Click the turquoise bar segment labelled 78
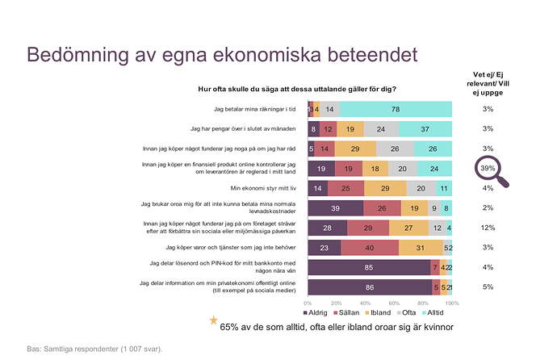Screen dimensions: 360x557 (396, 109)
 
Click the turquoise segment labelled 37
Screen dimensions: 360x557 (425, 128)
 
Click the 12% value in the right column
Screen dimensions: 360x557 (488, 227)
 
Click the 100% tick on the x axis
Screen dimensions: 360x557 (451, 303)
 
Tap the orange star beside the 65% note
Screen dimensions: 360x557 (213, 321)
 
